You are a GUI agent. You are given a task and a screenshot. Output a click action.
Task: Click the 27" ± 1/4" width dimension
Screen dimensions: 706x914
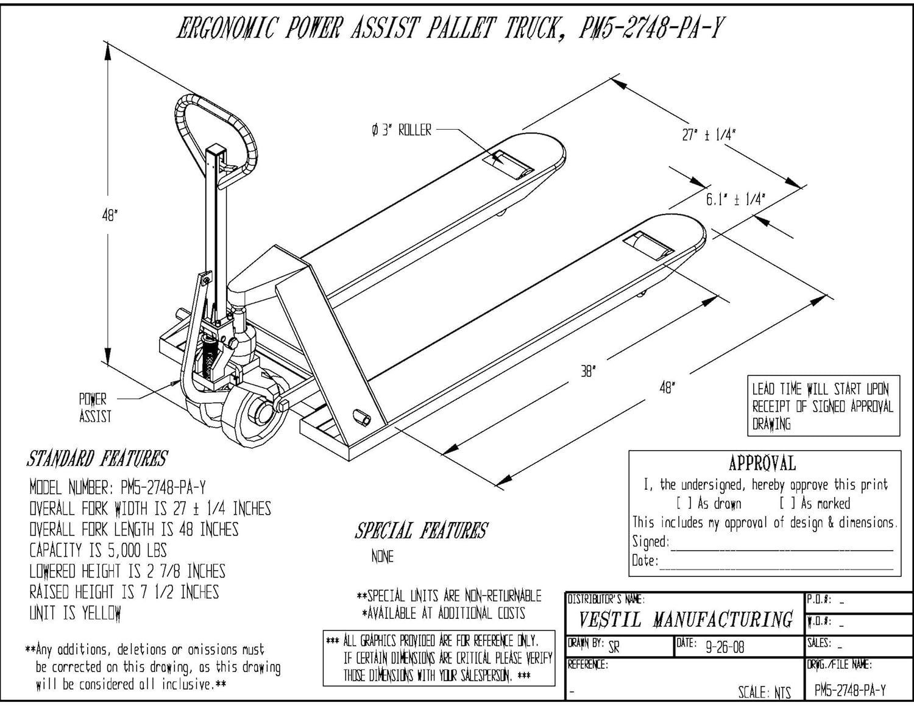click(708, 135)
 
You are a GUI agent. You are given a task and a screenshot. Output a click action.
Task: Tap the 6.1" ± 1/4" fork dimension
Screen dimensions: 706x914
click(735, 199)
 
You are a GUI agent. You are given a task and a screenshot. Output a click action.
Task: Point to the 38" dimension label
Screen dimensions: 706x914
click(588, 370)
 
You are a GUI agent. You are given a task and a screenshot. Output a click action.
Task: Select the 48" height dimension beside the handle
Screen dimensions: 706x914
click(109, 215)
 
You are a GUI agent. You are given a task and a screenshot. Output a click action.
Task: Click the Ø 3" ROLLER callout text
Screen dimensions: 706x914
click(402, 130)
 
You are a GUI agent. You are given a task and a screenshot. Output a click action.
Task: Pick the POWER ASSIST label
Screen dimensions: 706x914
click(94, 408)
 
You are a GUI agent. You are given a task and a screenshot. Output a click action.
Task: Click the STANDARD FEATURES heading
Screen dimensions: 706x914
click(97, 458)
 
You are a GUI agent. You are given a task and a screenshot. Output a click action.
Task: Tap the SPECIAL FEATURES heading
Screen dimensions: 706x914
click(421, 531)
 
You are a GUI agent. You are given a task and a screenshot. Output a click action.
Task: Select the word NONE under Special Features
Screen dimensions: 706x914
click(382, 556)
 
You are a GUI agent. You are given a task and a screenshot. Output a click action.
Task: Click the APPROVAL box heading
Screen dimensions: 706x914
click(762, 464)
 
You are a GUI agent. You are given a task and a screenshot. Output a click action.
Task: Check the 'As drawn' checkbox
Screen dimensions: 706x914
click(684, 504)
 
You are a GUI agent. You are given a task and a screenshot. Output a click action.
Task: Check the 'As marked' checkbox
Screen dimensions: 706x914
click(787, 504)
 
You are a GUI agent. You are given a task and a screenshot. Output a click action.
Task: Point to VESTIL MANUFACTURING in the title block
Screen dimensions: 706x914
click(685, 620)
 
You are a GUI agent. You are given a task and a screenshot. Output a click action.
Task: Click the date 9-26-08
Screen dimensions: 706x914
click(724, 647)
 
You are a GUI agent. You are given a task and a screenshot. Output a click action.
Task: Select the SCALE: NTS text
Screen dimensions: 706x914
click(764, 692)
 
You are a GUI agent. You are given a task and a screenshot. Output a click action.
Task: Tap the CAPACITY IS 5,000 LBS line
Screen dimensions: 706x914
click(98, 550)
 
